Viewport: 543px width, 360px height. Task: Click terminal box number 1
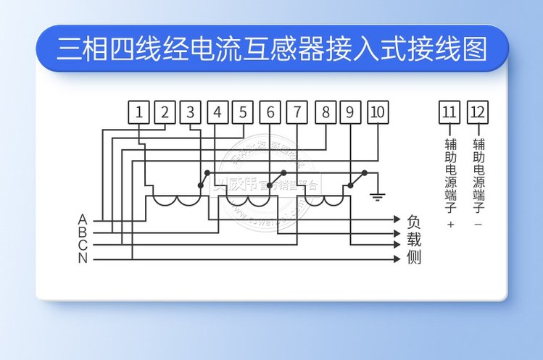139,112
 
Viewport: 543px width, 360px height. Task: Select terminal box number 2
165,112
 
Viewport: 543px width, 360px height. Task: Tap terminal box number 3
190,112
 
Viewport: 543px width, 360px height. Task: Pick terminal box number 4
217,112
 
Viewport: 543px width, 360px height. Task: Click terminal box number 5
243,112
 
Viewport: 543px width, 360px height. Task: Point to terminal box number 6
270,112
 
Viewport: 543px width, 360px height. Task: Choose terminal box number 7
297,112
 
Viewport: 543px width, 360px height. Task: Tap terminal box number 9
350,112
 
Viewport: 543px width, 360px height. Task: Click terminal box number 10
377,112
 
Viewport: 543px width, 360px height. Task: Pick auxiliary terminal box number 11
449,112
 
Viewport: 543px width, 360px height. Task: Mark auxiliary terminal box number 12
478,112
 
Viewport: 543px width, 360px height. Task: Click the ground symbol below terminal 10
377,194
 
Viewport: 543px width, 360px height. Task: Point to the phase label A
83,219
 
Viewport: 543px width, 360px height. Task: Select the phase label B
83,232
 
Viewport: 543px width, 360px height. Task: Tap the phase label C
83,245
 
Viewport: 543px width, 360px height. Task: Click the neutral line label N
83,258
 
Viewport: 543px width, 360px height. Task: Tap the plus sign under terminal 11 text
449,225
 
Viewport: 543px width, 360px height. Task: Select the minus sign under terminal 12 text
478,225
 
